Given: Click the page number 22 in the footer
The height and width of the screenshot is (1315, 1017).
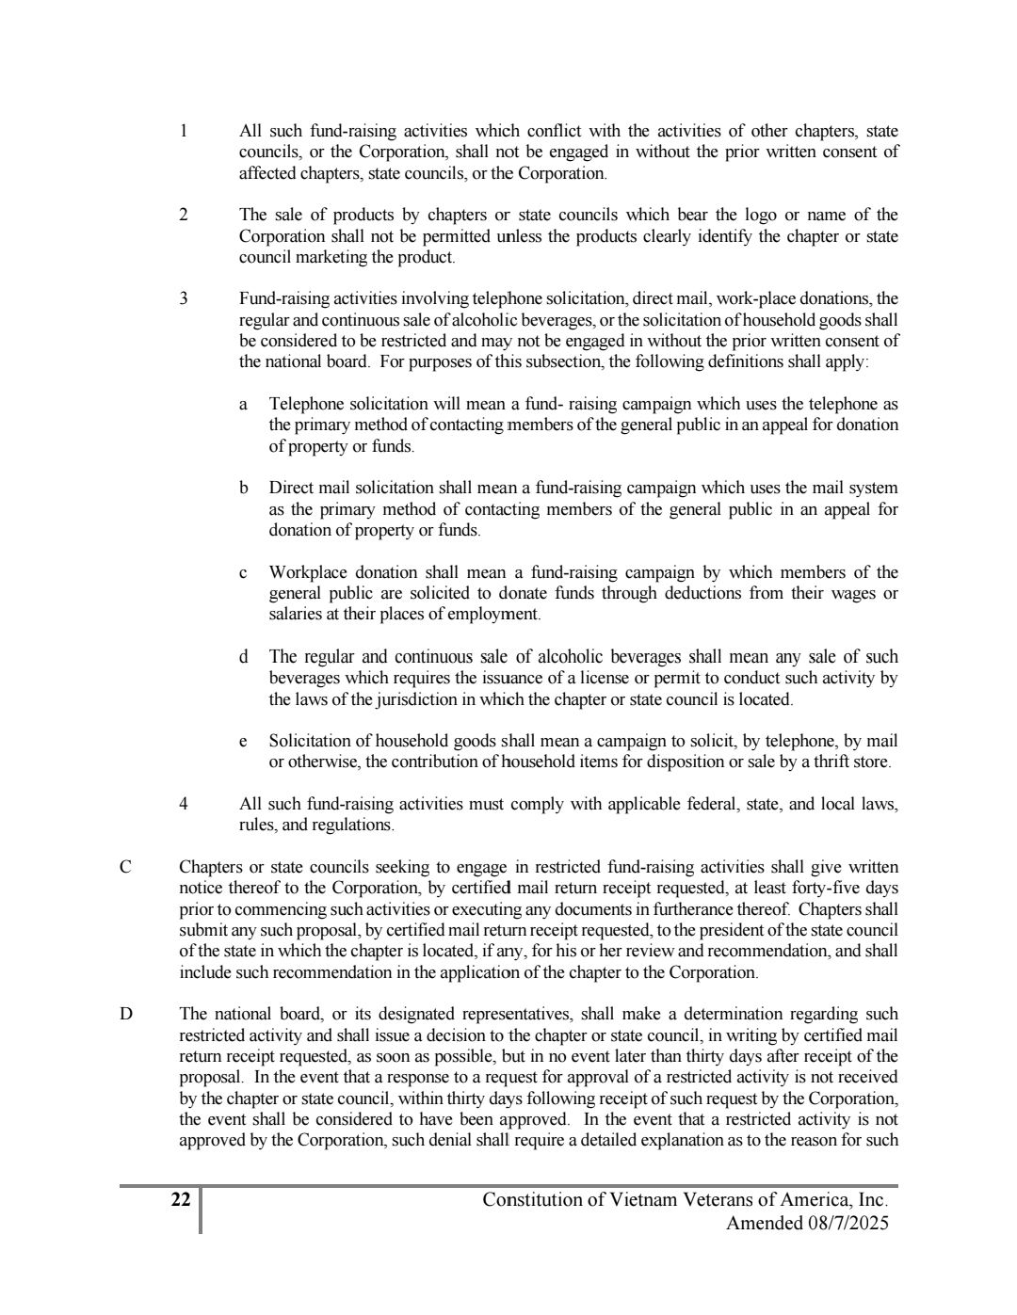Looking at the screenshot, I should click(181, 1199).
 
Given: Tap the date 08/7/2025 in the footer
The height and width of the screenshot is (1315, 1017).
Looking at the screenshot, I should click(847, 1223).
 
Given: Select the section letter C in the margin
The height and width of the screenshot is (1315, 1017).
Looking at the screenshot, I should click(124, 867).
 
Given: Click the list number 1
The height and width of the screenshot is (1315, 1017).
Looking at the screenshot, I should click(184, 131).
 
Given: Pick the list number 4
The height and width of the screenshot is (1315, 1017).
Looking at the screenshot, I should click(184, 804).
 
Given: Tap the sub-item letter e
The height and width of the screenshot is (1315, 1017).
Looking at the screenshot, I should click(244, 741).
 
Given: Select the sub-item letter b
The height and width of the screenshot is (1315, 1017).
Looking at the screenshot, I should click(244, 488).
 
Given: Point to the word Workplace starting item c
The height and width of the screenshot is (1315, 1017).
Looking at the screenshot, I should click(308, 572).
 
